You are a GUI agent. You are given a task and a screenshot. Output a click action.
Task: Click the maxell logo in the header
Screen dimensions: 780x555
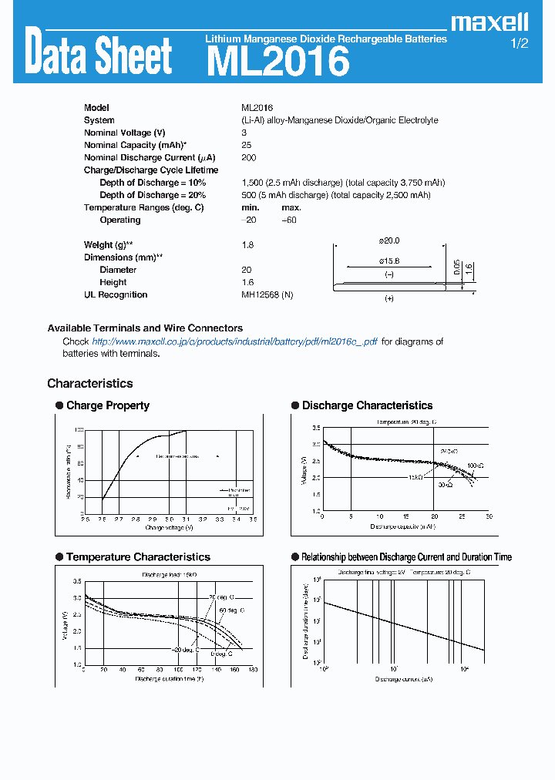tap(489, 22)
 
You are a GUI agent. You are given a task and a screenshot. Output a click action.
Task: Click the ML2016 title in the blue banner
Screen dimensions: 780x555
tap(277, 61)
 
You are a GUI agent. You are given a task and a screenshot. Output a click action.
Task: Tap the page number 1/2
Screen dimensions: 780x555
tap(520, 44)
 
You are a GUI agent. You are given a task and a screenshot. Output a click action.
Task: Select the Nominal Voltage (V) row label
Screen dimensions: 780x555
tap(124, 133)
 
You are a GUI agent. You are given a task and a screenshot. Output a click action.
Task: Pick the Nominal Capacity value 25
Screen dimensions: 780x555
tap(246, 145)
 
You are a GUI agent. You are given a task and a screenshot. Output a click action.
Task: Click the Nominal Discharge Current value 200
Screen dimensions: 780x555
tap(248, 157)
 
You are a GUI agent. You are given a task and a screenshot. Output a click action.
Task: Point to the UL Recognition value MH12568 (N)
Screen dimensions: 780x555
tap(267, 294)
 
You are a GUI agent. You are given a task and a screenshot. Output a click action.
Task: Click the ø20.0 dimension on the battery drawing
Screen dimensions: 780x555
tap(389, 240)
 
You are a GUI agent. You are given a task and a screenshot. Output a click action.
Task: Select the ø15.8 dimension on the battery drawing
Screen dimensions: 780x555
tap(389, 261)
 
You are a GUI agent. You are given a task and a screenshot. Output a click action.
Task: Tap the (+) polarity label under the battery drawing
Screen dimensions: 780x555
tap(388, 298)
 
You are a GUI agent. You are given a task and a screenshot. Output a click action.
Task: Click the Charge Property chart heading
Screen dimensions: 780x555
tap(108, 405)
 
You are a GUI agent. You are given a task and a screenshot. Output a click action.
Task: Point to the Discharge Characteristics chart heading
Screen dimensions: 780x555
tap(367, 405)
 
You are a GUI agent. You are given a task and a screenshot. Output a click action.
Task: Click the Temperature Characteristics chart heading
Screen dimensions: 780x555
tap(138, 556)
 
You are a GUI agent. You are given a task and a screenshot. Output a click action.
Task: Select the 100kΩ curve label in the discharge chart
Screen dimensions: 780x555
tap(476, 466)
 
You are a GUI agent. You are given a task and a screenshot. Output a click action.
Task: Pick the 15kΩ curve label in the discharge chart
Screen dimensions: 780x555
tap(415, 478)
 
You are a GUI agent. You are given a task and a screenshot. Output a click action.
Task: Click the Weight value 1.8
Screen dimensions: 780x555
tap(247, 244)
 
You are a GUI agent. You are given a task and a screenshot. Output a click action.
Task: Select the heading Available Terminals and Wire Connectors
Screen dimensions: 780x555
tap(145, 328)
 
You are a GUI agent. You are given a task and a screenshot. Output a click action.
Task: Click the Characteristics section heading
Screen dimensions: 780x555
tap(89, 383)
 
